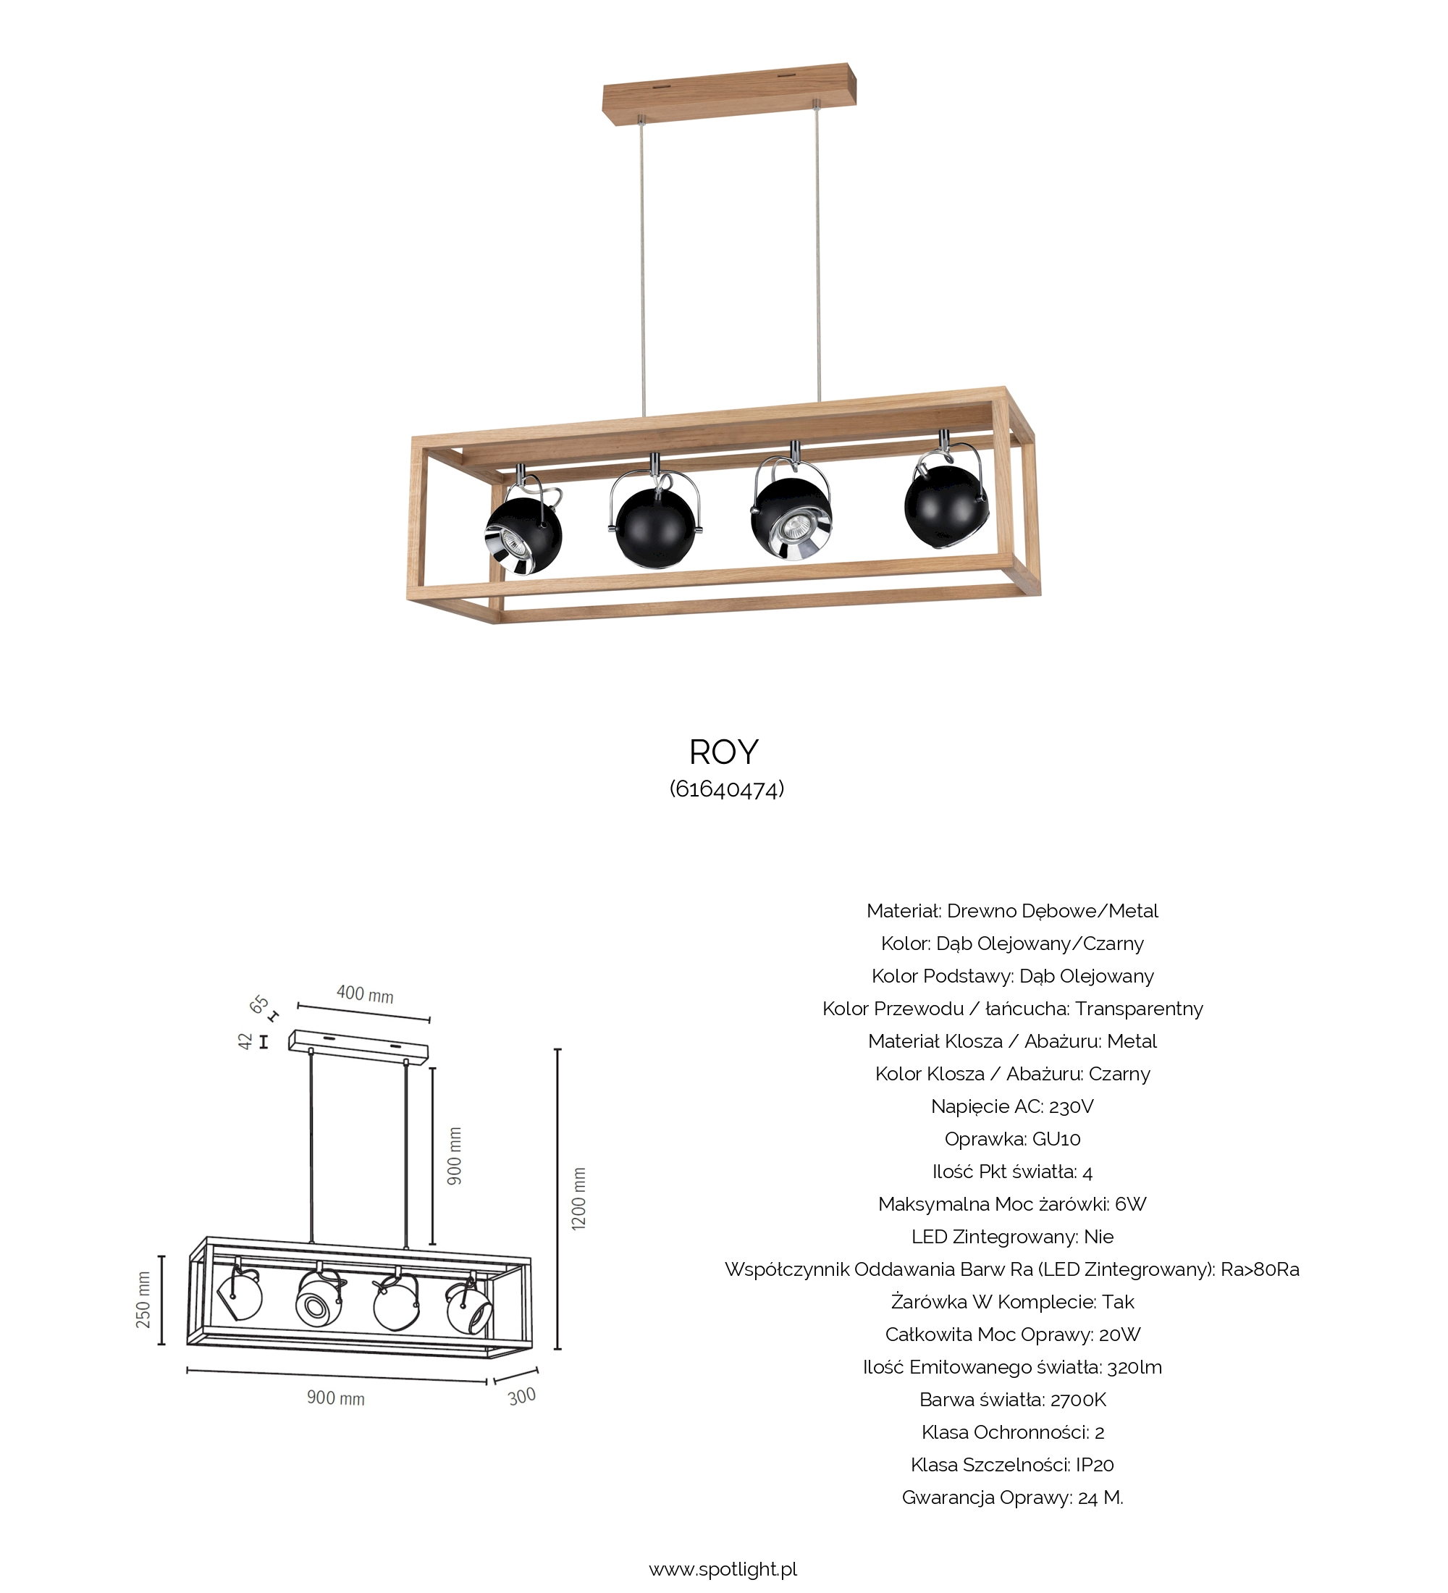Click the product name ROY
pyautogui.click(x=723, y=752)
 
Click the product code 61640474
pyautogui.click(x=727, y=789)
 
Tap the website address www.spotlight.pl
pyautogui.click(x=723, y=1569)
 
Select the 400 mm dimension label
pyautogui.click(x=365, y=993)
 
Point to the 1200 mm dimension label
pyautogui.click(x=579, y=1198)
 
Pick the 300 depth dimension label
pyautogui.click(x=521, y=1397)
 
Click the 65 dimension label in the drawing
pyautogui.click(x=259, y=1004)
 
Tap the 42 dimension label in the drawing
pyautogui.click(x=245, y=1041)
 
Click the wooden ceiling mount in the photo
pyautogui.click(x=730, y=93)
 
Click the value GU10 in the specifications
pyautogui.click(x=1056, y=1139)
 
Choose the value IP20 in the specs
pyautogui.click(x=1094, y=1464)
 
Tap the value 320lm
pyautogui.click(x=1135, y=1367)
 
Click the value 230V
pyautogui.click(x=1072, y=1106)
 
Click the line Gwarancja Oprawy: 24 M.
pyautogui.click(x=1013, y=1497)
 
